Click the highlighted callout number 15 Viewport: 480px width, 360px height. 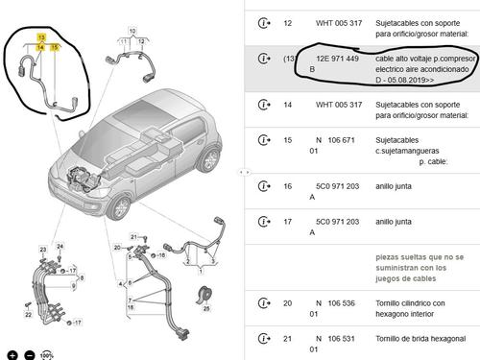coord(55,45)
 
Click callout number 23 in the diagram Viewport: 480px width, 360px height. coord(42,251)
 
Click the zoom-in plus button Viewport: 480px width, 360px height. coord(11,355)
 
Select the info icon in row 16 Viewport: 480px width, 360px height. coord(262,186)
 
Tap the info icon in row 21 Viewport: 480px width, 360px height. coord(262,338)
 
